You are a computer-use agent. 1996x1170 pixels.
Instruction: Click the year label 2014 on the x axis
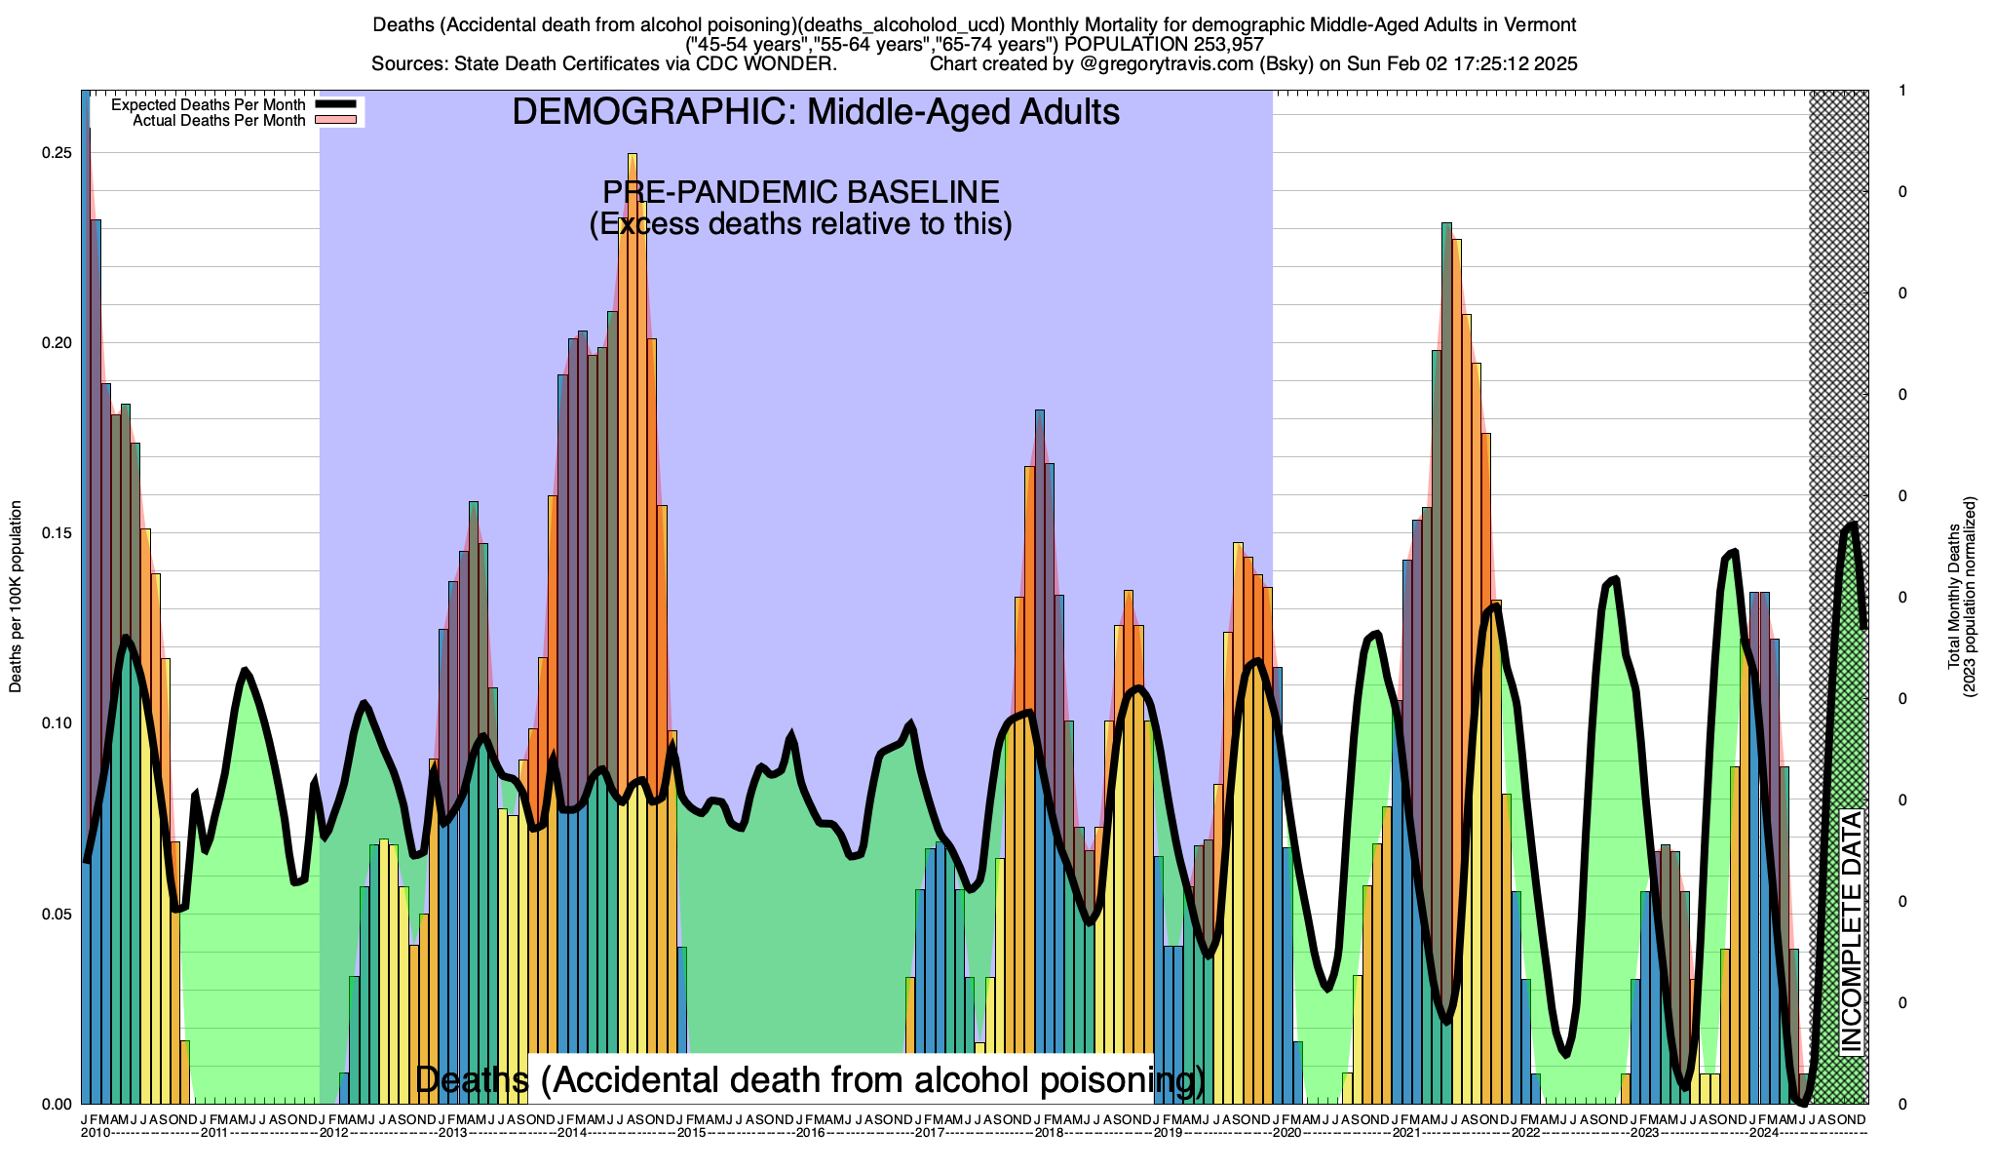tap(571, 1133)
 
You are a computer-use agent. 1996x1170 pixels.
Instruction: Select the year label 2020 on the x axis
tap(1286, 1133)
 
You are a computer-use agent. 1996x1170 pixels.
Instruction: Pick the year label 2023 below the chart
tap(1645, 1133)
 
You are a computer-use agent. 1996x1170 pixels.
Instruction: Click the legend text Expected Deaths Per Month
tap(208, 104)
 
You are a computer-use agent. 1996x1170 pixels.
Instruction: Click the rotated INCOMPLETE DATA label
tap(1851, 932)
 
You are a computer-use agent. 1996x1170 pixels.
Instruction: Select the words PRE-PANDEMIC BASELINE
tap(800, 191)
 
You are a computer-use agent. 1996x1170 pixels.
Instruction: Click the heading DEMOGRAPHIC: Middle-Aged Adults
tap(816, 112)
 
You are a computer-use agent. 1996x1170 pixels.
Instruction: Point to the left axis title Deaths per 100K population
tap(16, 597)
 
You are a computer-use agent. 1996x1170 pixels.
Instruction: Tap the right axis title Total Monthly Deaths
tap(1953, 597)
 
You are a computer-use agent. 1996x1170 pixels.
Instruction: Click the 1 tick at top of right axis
tap(1902, 91)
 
